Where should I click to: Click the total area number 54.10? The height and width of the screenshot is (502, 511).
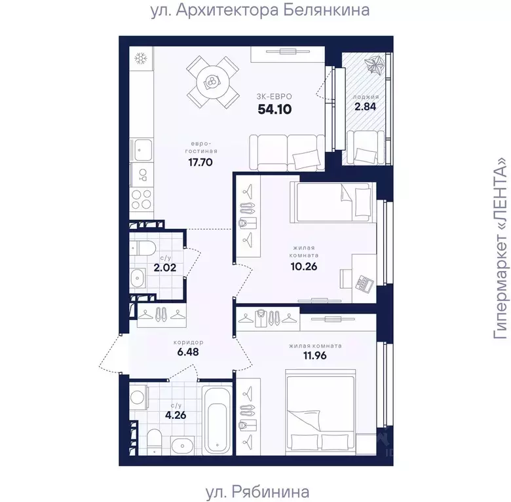tap(274, 109)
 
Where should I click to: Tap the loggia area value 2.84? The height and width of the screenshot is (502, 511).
tap(365, 107)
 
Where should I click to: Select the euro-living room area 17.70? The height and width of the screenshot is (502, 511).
tap(200, 162)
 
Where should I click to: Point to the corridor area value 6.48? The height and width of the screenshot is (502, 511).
tap(188, 352)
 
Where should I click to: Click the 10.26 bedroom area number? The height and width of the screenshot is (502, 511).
tap(304, 266)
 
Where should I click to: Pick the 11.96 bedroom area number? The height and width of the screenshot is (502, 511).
tap(315, 355)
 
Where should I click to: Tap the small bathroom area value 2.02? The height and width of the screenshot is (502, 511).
tap(165, 268)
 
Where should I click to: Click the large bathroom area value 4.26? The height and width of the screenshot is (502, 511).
tap(176, 416)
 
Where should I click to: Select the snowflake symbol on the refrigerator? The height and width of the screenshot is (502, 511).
tap(141, 59)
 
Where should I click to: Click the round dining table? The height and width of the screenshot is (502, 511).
tap(212, 82)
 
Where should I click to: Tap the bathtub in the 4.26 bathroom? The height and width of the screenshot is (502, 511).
tap(217, 420)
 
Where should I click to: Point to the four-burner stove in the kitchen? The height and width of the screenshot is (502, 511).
tap(141, 199)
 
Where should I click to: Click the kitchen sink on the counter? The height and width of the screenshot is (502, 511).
tap(141, 150)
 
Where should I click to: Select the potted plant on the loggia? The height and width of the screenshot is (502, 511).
tap(374, 65)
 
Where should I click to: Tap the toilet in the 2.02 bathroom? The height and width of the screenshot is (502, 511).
tap(143, 248)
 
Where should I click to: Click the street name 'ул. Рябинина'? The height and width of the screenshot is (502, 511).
tap(257, 492)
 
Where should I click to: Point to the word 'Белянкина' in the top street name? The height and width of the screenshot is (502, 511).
tap(326, 10)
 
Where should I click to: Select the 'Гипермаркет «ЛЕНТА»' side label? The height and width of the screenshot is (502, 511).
tap(501, 250)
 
